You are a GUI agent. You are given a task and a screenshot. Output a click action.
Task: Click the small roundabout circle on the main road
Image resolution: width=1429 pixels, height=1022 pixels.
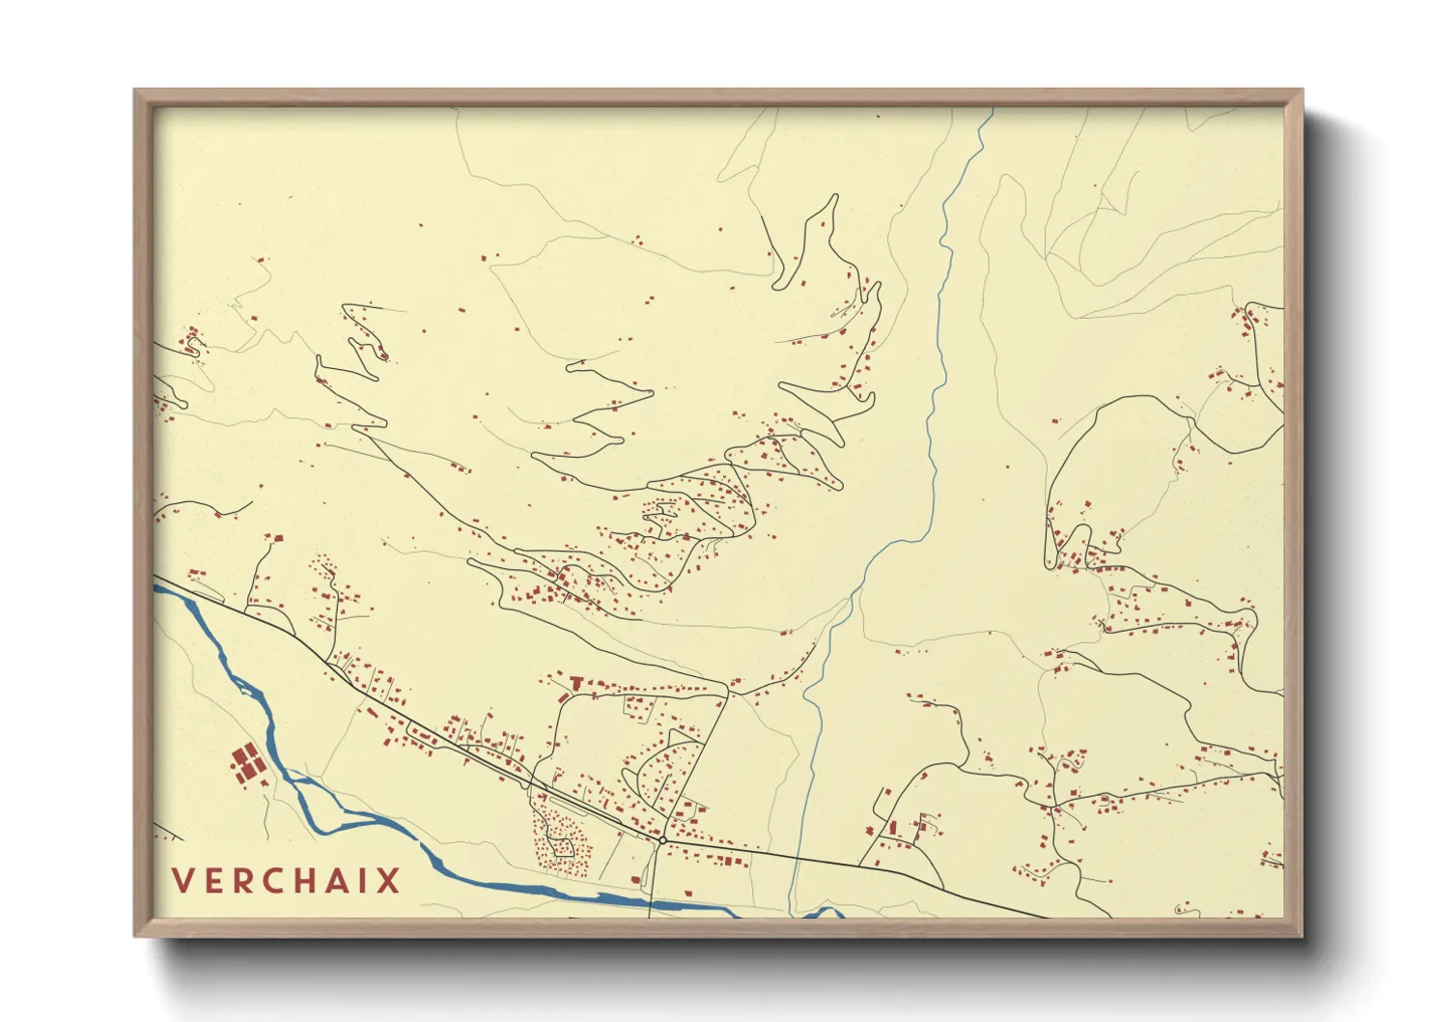coord(662,840)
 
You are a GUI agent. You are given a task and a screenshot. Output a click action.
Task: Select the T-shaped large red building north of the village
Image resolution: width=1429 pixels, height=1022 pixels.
coord(577,684)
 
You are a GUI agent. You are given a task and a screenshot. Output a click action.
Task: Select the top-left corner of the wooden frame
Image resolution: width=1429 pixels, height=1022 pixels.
coord(135,91)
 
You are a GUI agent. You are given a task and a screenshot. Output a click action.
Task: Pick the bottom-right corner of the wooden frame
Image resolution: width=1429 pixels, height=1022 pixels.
coord(1302,936)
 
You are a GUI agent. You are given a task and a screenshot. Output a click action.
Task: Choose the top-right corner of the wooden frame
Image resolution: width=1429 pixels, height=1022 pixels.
coord(1302,91)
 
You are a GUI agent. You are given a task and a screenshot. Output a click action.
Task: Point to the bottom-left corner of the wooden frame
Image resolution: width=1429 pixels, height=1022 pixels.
coord(135,936)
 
